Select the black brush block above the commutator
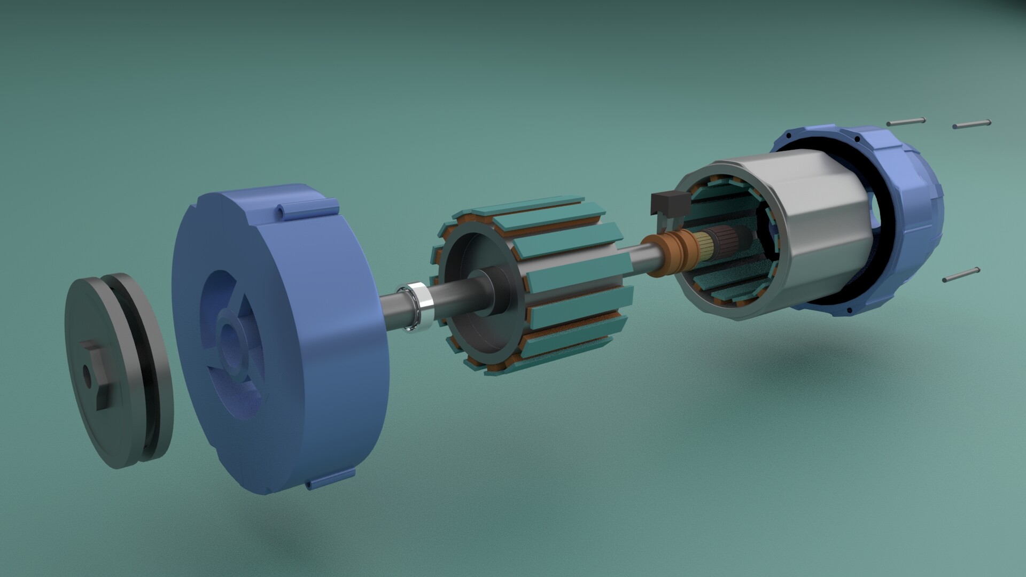[667, 204]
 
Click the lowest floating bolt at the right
[961, 274]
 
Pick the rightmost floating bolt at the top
[971, 124]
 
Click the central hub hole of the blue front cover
[230, 342]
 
